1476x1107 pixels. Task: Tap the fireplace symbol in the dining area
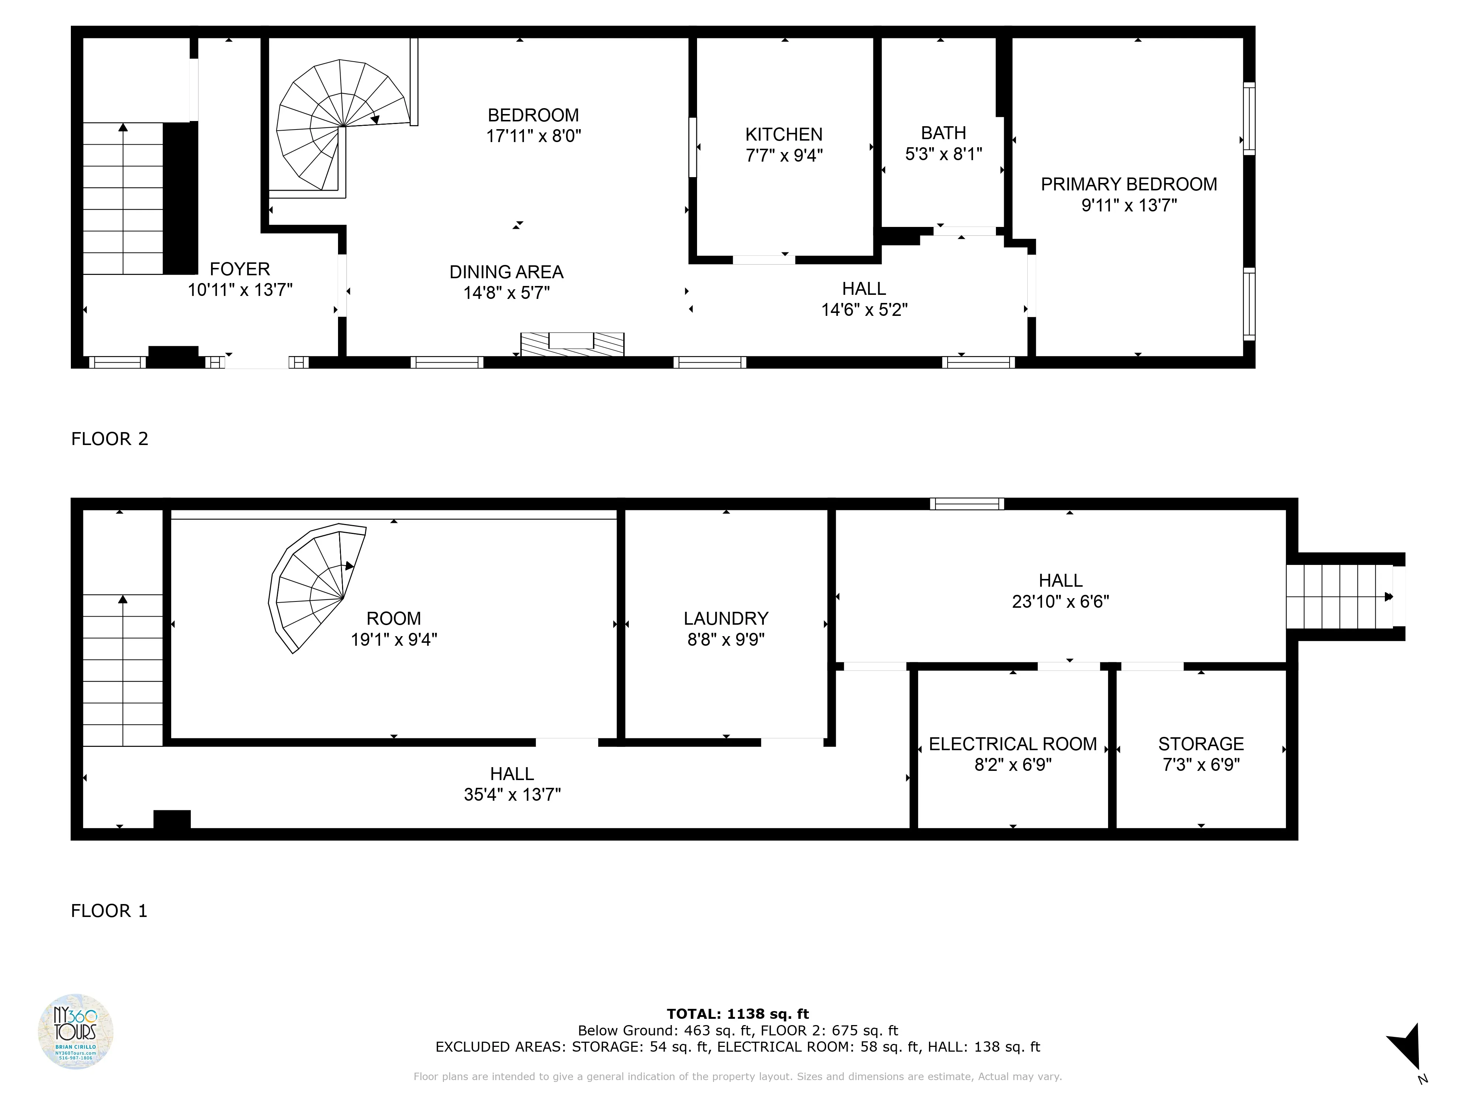[572, 344]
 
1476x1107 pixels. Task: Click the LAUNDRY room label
[725, 618]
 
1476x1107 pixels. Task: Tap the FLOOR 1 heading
[109, 911]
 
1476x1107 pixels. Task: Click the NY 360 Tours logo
[75, 1031]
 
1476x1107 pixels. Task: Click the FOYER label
[239, 269]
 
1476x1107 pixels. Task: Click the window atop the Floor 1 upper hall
[967, 504]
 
